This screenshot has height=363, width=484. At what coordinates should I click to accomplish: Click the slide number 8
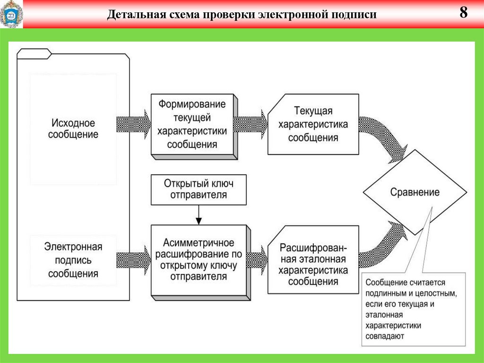(x=463, y=13)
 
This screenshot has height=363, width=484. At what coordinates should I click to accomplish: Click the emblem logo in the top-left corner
(x=10, y=14)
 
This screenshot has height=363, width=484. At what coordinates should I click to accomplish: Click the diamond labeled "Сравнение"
(x=415, y=192)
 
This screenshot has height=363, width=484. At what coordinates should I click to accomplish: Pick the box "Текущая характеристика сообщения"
(x=313, y=124)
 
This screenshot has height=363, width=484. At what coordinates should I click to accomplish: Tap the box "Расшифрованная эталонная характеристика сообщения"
(x=313, y=265)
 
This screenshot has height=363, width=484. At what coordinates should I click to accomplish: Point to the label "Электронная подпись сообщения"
(x=73, y=260)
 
